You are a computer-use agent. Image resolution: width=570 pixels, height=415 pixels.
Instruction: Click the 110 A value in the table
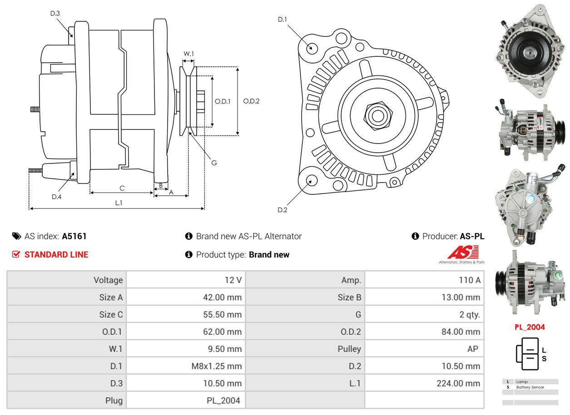[470, 280]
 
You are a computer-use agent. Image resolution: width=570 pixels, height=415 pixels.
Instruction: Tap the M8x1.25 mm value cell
[216, 366]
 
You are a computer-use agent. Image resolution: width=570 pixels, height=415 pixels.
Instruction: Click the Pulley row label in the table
[349, 349]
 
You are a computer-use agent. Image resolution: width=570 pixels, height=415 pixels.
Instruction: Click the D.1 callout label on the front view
[282, 20]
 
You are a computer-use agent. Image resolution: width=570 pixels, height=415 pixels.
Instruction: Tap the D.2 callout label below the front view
[282, 210]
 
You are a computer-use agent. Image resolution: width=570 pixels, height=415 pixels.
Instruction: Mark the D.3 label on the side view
[55, 13]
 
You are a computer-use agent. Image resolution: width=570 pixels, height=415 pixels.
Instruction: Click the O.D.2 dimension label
[251, 101]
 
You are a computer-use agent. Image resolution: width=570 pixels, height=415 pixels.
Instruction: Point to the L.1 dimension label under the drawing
[118, 203]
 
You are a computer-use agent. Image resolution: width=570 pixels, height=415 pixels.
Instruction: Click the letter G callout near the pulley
[214, 163]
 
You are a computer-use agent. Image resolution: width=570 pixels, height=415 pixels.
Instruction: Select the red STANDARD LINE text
[56, 255]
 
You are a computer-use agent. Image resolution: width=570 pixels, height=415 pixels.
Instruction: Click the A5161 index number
[74, 236]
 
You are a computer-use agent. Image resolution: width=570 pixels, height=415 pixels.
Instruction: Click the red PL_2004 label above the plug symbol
[530, 327]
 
